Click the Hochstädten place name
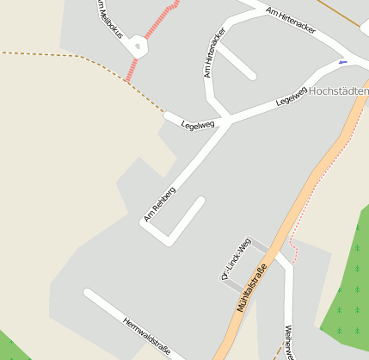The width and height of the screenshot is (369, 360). [338, 90]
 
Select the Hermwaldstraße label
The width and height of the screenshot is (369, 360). [147, 337]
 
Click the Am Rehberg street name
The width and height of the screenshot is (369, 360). [160, 204]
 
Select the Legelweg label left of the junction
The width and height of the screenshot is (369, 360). [198, 124]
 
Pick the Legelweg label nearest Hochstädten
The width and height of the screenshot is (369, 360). [292, 96]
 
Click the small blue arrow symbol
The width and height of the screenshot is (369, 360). [343, 62]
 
